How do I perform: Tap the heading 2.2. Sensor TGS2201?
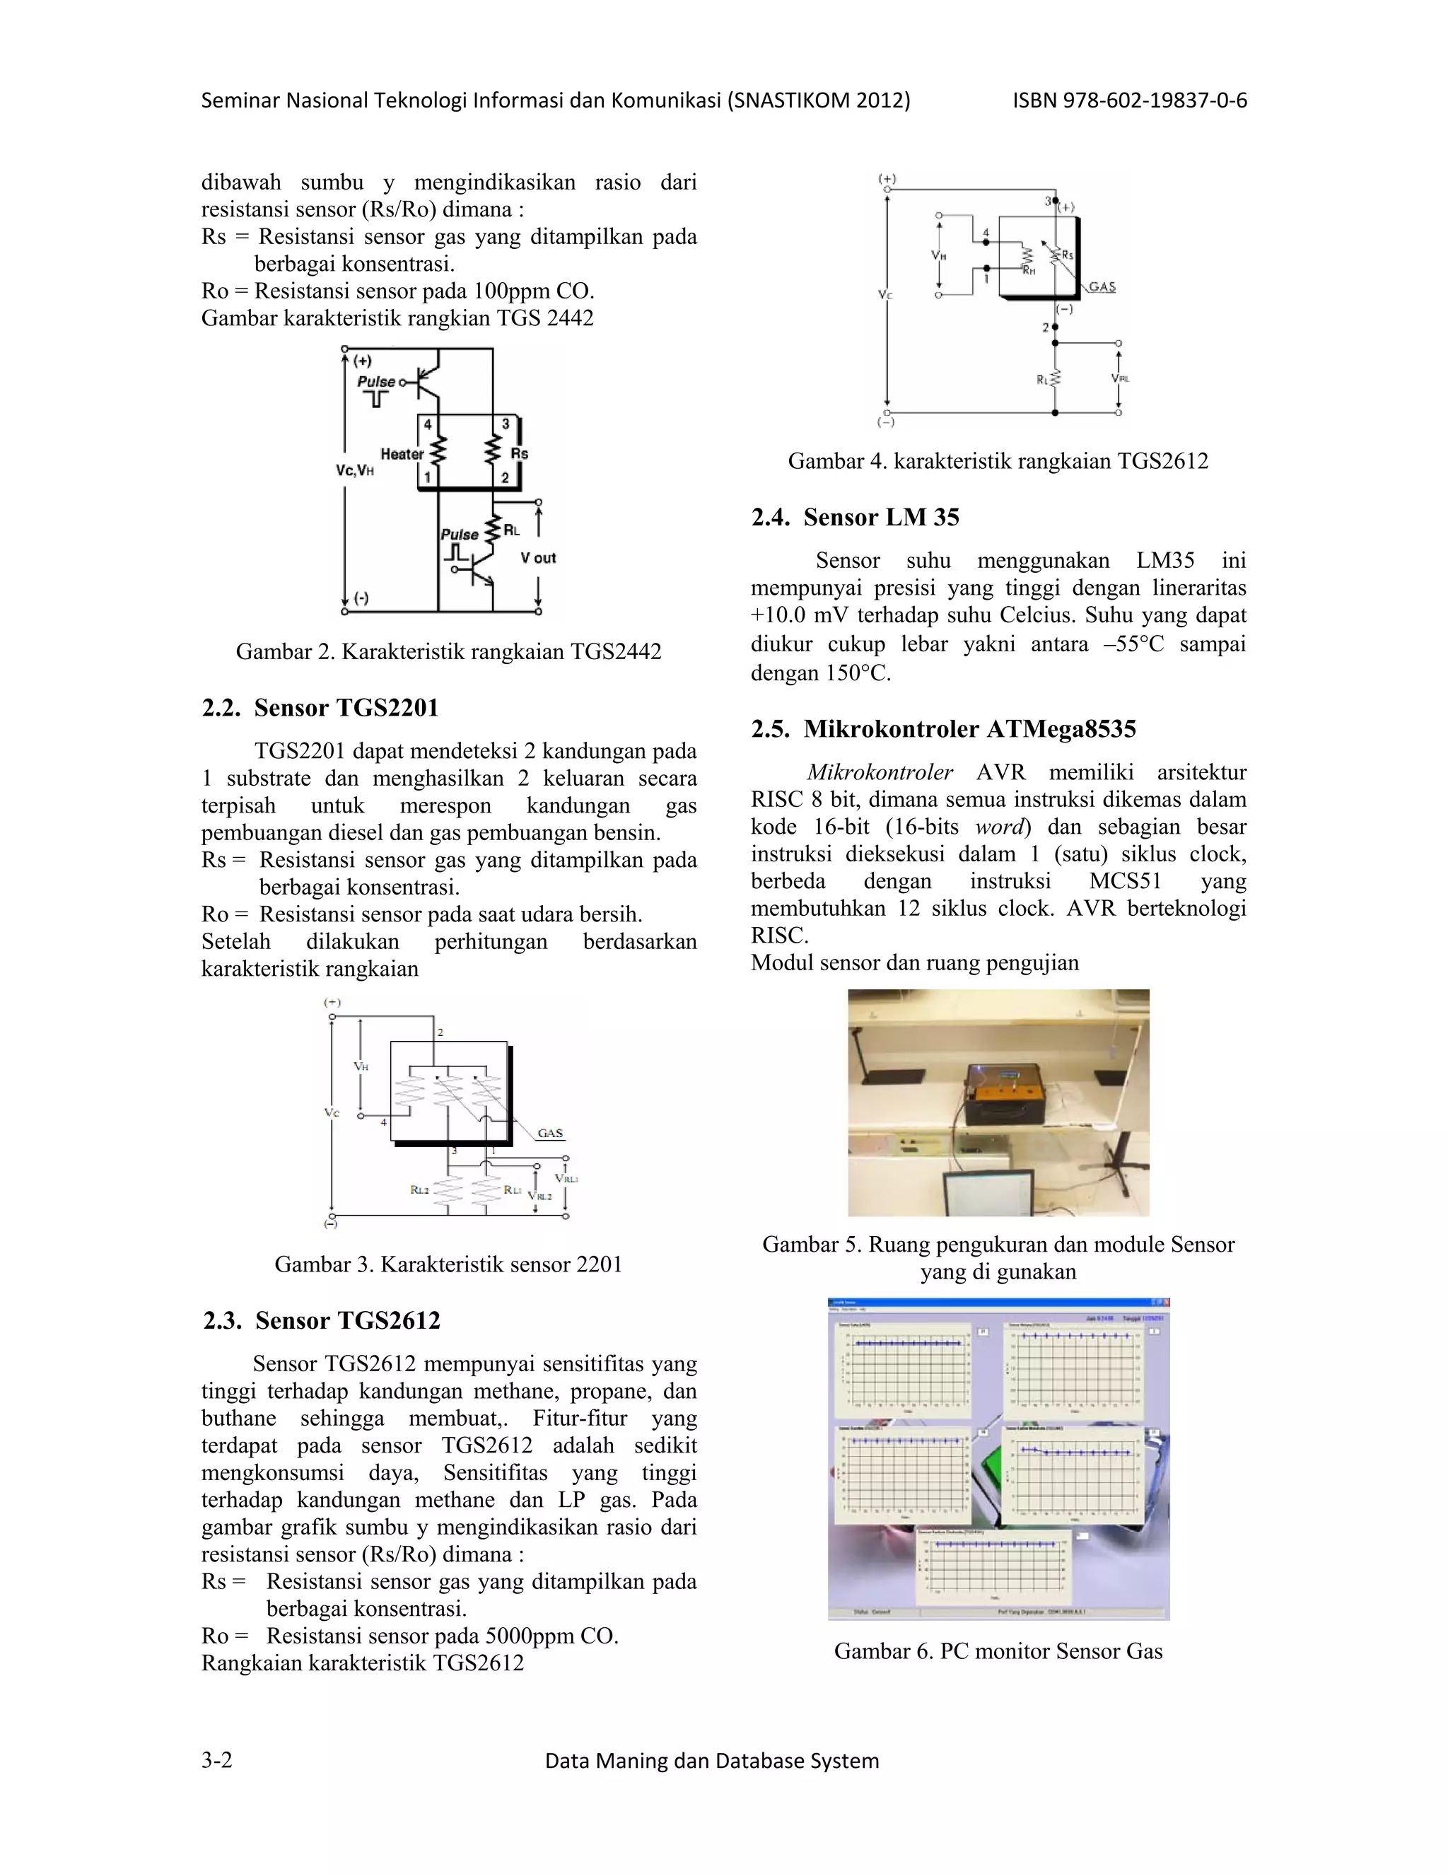click(320, 708)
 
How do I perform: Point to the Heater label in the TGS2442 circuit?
click(402, 454)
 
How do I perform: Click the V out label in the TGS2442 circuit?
click(538, 558)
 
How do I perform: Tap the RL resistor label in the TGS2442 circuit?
click(512, 530)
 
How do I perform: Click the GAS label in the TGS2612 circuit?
click(1102, 286)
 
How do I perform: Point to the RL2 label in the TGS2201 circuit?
click(419, 1189)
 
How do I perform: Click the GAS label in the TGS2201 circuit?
click(550, 1133)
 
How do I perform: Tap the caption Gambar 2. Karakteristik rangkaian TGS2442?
click(449, 651)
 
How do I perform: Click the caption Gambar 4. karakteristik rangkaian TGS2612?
click(998, 461)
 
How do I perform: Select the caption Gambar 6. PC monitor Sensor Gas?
click(998, 1651)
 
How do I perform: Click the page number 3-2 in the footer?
click(217, 1761)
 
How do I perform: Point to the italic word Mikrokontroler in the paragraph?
click(880, 772)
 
